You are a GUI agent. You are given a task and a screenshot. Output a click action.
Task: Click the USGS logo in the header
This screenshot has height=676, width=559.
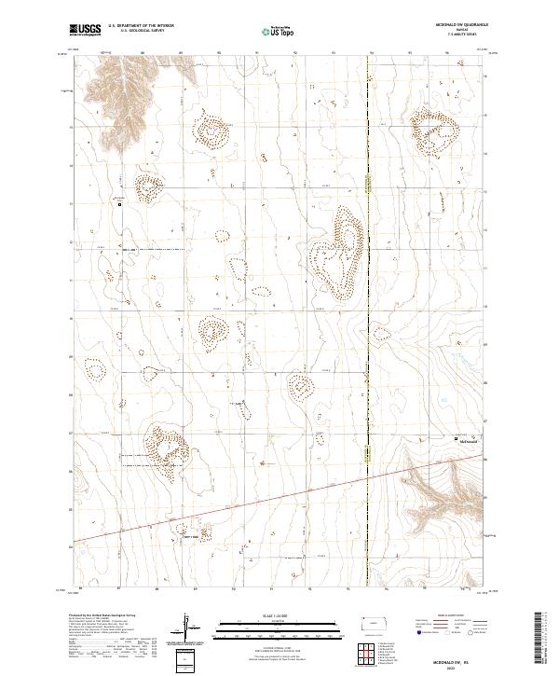[86, 31]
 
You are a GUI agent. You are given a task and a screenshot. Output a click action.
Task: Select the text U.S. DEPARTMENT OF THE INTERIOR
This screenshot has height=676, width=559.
[139, 28]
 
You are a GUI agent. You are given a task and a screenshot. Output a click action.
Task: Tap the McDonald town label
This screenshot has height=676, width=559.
[468, 443]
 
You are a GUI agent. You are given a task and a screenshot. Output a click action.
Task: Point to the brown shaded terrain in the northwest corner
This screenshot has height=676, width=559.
[112, 84]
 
